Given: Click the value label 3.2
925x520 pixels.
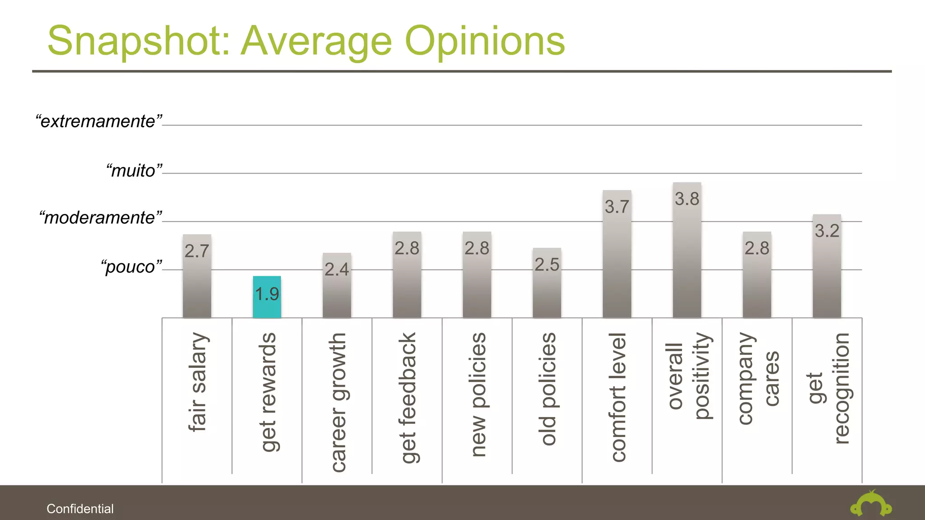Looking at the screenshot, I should [827, 231].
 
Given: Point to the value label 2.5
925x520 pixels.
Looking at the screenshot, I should [547, 265].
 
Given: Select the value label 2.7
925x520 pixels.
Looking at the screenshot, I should [197, 251].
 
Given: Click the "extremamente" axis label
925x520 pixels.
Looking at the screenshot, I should [99, 121].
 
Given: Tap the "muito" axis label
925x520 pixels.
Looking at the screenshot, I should [134, 171].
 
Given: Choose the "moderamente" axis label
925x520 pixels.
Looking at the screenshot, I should [100, 218].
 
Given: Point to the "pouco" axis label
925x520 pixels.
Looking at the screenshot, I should [131, 267].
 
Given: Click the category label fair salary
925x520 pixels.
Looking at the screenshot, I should [198, 382].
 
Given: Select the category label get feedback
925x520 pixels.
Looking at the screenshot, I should [408, 398].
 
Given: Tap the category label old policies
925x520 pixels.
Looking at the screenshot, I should [548, 389].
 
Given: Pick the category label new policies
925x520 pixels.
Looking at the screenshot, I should [478, 395].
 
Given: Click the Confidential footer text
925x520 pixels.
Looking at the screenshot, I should [80, 509].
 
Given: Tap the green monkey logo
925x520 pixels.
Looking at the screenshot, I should [871, 505].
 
